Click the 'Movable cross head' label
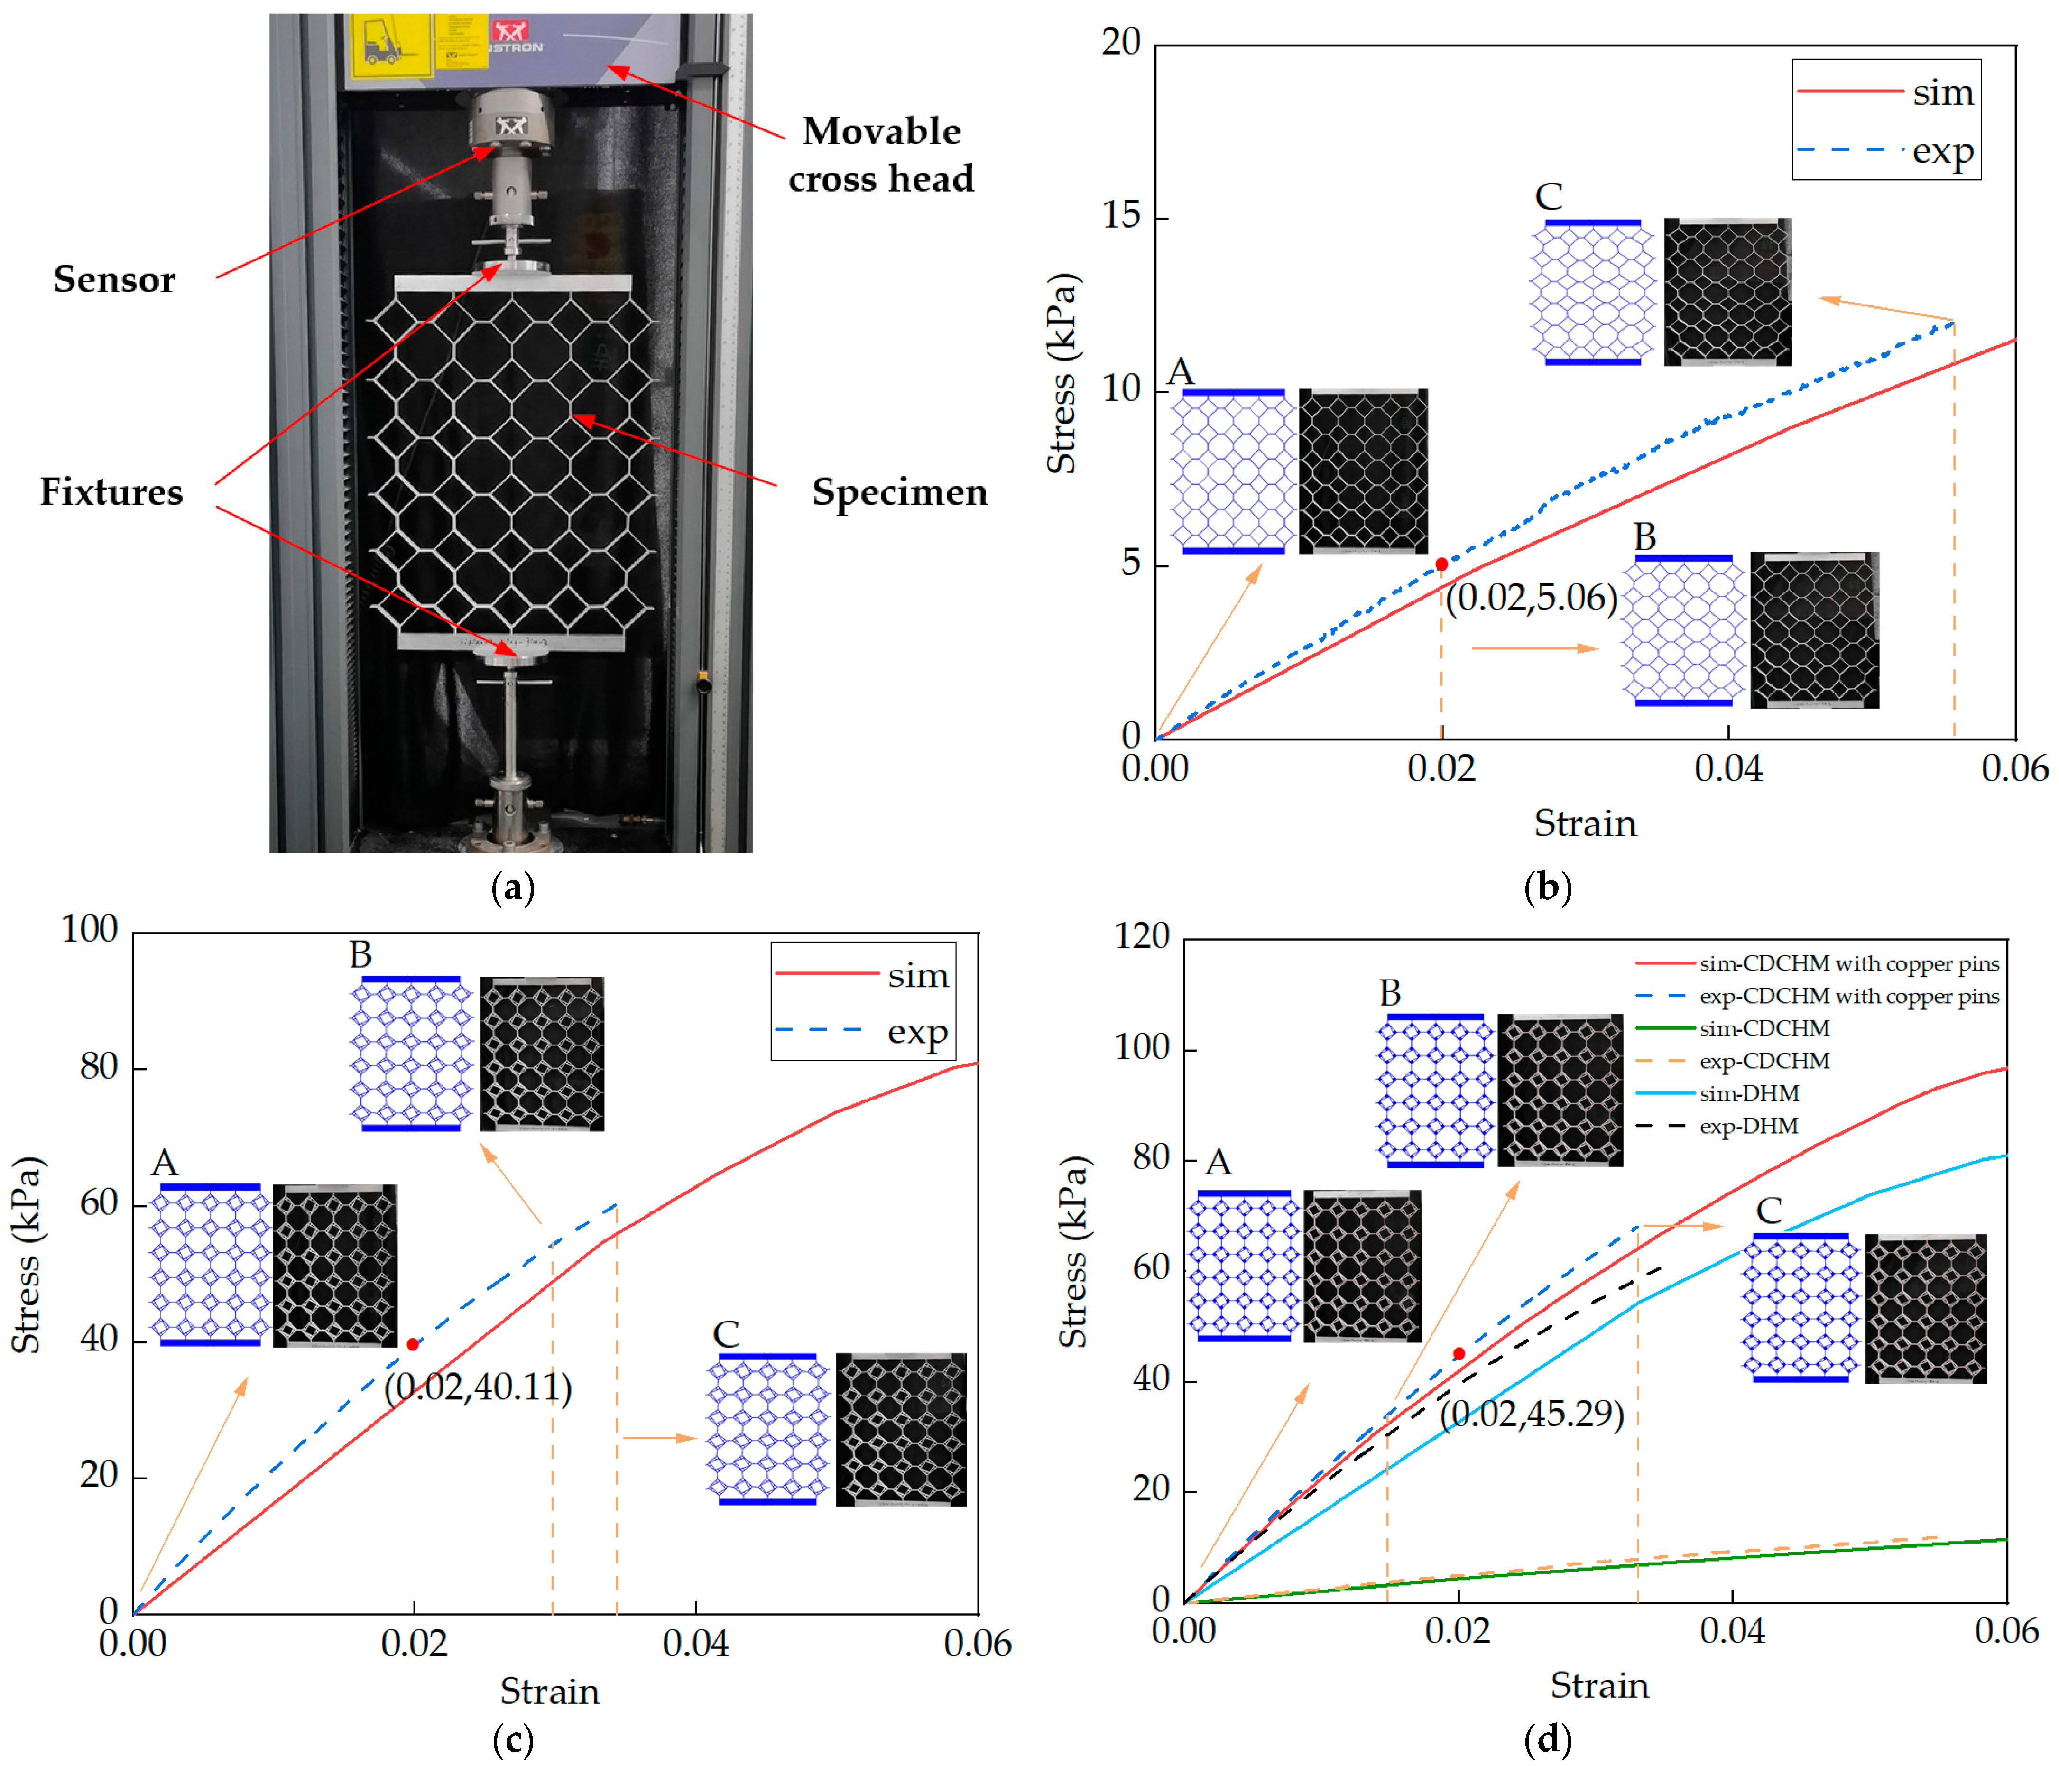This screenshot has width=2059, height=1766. point(880,154)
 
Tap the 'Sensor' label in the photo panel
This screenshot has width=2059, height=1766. point(114,279)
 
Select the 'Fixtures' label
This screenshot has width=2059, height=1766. point(111,492)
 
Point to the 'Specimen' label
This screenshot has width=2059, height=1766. point(899,492)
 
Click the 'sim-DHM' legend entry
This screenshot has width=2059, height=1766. point(1749,1093)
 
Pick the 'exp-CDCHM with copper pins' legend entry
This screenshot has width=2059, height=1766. point(1848,996)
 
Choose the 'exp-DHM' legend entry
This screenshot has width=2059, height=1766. point(1749,1126)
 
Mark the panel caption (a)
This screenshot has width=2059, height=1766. point(513,888)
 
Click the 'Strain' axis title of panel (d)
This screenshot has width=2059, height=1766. point(1599,1685)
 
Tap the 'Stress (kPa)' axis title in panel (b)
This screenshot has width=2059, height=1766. point(1062,373)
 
